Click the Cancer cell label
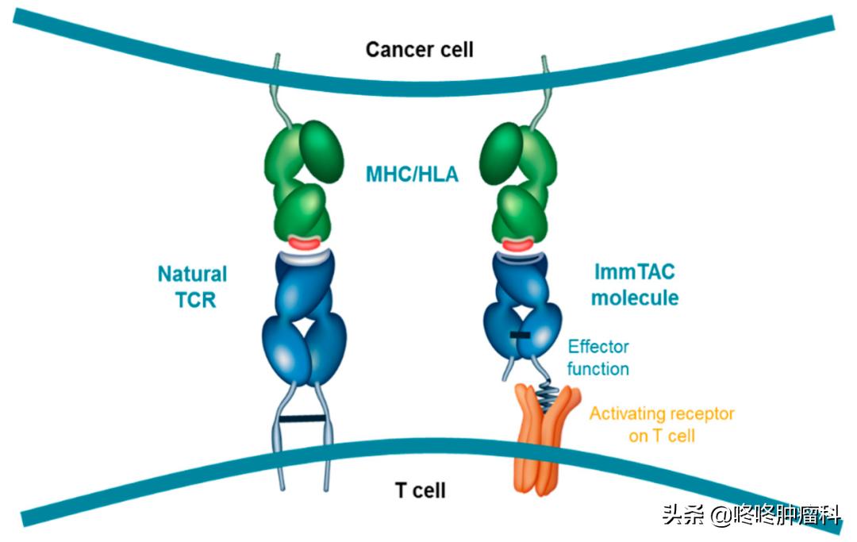[419, 50]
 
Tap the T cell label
[420, 490]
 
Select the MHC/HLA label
[412, 174]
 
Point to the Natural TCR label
[192, 286]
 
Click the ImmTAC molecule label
[636, 286]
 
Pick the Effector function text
[598, 358]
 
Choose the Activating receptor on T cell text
[662, 425]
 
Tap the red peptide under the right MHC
[520, 243]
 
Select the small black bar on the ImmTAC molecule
[520, 337]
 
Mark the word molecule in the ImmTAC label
[636, 298]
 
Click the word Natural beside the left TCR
[192, 275]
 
